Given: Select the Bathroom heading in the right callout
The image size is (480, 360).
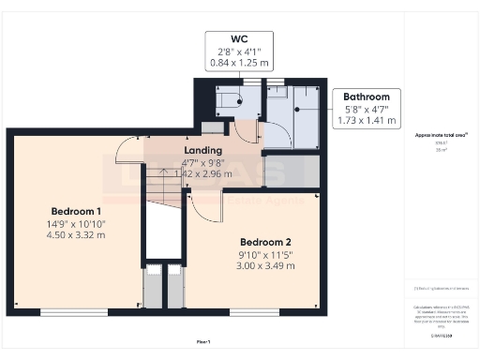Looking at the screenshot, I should (x=366, y=97).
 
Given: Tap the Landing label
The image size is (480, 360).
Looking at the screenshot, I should (x=203, y=150).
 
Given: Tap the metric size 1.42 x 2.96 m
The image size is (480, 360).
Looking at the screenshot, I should (x=203, y=174).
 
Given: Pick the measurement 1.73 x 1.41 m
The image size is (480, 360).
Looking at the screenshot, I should (x=366, y=122).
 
